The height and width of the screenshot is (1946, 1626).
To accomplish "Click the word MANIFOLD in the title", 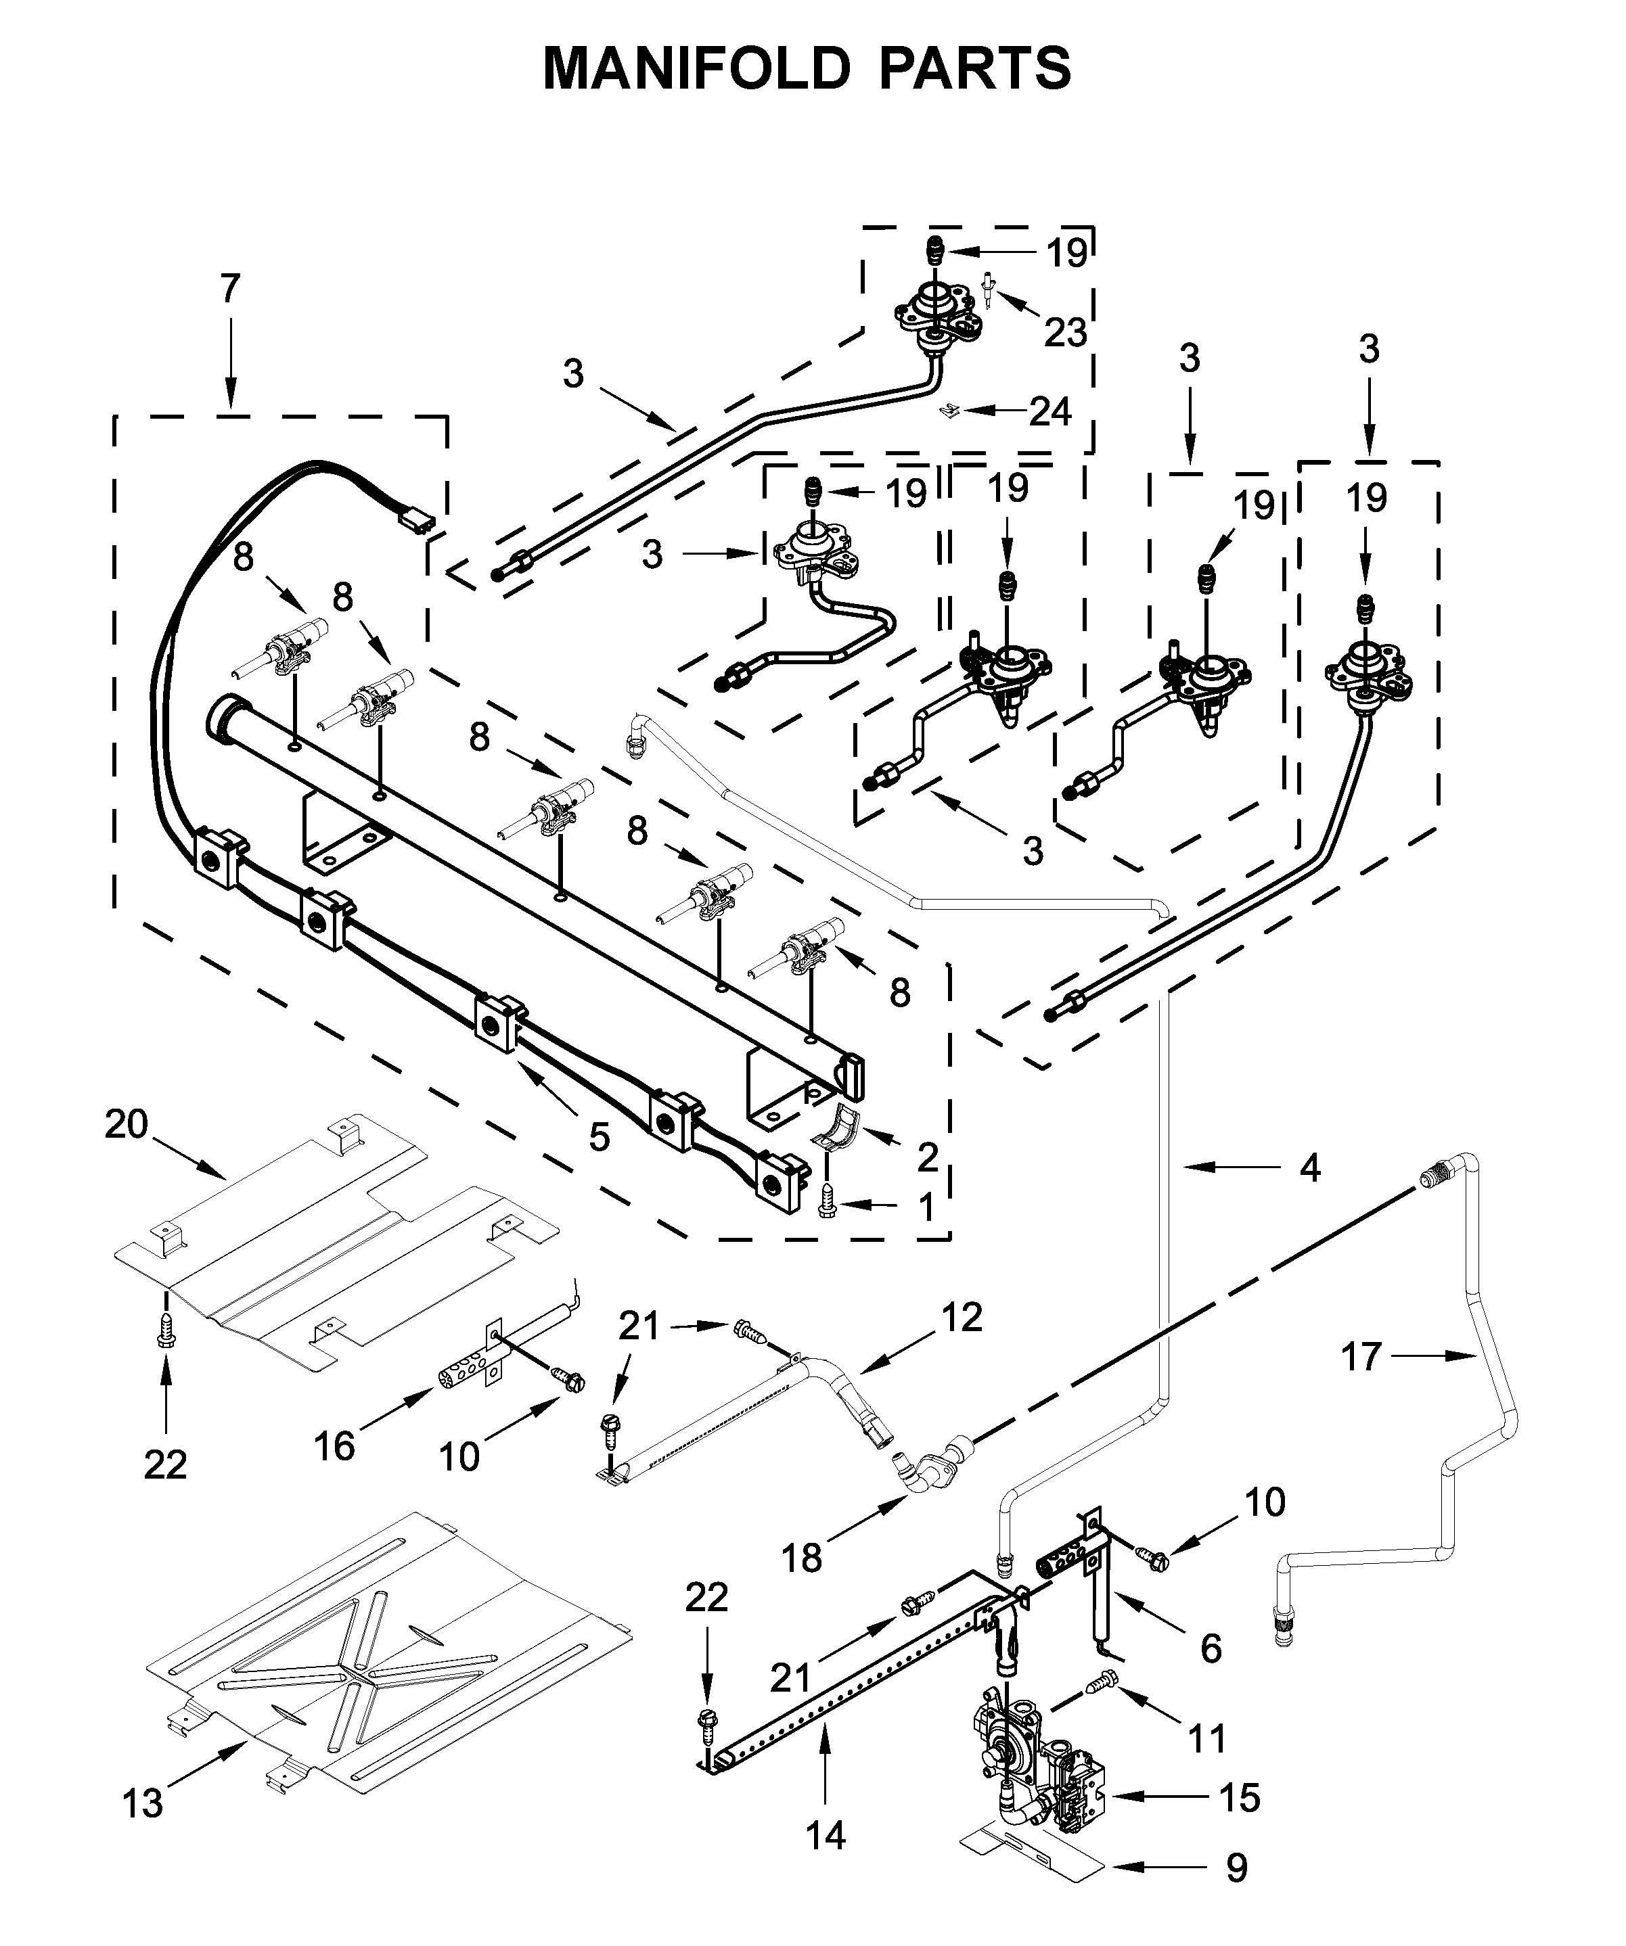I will coord(696,68).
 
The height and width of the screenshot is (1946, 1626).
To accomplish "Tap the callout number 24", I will coord(1050,411).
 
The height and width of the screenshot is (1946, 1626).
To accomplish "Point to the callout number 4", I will coord(1309,1169).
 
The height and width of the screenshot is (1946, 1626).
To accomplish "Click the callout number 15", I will coord(1240,1798).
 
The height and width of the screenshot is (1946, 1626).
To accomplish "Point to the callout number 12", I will coord(962,1317).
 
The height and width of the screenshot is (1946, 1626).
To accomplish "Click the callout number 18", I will coord(801,1560).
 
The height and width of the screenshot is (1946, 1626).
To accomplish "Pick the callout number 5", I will coord(600,1137).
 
